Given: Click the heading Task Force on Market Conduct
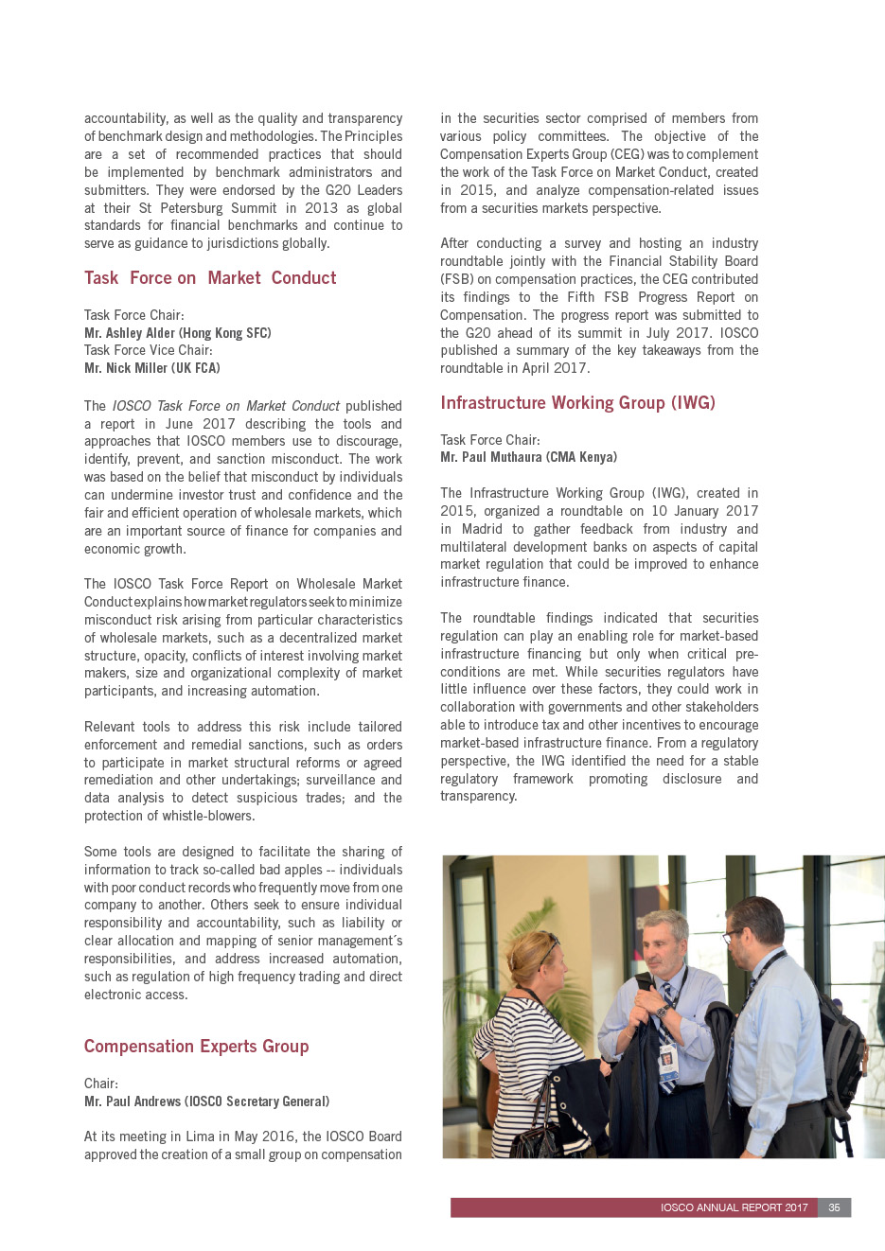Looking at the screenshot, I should point(210,278).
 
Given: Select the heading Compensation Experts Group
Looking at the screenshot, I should point(196,1047).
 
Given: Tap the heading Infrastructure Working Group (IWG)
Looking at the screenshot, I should point(577,403).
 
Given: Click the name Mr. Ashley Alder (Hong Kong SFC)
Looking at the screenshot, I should point(177,333).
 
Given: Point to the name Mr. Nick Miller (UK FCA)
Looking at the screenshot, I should point(151,368).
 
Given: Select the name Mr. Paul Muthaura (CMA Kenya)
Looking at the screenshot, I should point(528,457).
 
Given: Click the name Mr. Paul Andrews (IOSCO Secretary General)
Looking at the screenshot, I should point(206,1101).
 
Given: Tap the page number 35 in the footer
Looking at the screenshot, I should point(834,1207).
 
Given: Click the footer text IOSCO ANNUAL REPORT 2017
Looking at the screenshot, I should point(734,1207).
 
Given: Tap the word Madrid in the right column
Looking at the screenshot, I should point(482,529).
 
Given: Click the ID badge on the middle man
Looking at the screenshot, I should point(667,1060).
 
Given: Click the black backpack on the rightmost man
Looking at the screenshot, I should point(841,1050).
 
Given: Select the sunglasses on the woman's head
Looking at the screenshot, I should point(549,946).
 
